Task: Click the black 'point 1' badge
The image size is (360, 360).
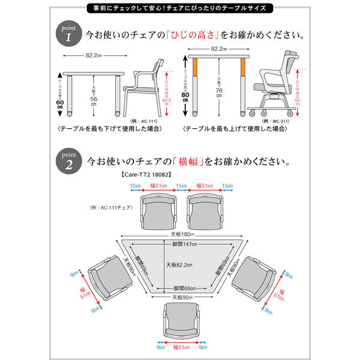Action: (68, 33)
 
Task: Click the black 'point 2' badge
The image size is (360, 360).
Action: (68, 161)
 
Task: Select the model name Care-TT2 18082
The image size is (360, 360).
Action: (146, 175)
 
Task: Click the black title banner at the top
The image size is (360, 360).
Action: (179, 8)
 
